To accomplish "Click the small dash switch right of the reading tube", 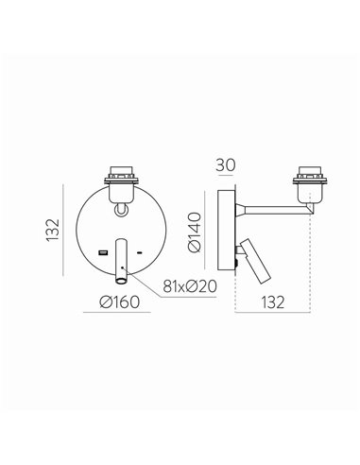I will pos(141,253).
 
